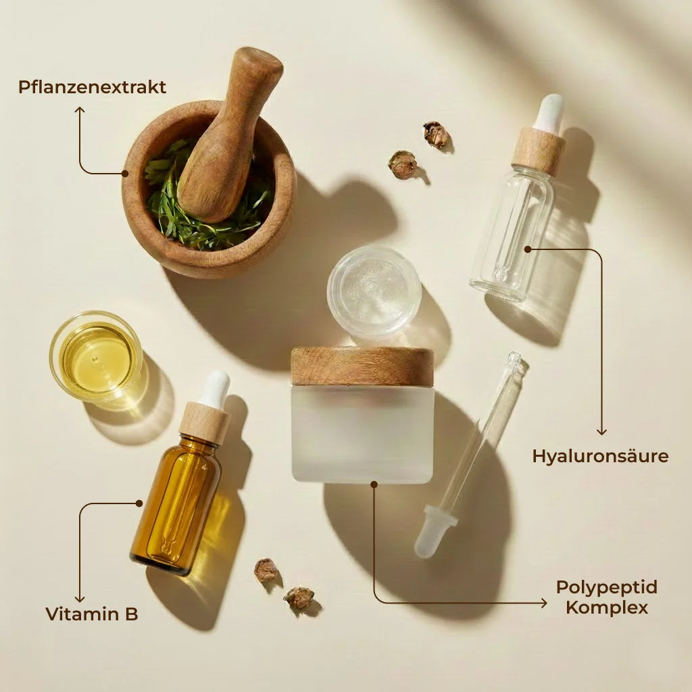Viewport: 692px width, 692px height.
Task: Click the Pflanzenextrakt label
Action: pyautogui.click(x=92, y=87)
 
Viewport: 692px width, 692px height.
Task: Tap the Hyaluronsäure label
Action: pyautogui.click(x=600, y=457)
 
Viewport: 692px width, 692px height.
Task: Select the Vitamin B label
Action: pyautogui.click(x=92, y=614)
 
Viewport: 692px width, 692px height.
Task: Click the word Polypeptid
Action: pyautogui.click(x=607, y=587)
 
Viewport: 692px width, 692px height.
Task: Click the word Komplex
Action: pyautogui.click(x=607, y=608)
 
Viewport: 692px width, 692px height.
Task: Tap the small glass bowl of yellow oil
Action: pyautogui.click(x=96, y=357)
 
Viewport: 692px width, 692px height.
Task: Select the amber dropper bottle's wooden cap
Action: pyautogui.click(x=204, y=423)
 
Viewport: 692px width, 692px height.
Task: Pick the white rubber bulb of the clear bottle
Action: pyautogui.click(x=548, y=113)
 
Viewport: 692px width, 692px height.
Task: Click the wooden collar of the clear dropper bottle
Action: pyautogui.click(x=539, y=150)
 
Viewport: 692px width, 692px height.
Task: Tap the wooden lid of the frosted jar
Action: pyautogui.click(x=362, y=366)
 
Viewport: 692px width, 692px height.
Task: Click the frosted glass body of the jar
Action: pyautogui.click(x=363, y=434)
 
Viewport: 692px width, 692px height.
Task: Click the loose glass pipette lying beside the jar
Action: pyautogui.click(x=470, y=455)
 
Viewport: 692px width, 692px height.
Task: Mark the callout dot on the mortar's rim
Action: pyautogui.click(x=125, y=174)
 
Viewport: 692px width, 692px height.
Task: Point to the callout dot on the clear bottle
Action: pyautogui.click(x=527, y=249)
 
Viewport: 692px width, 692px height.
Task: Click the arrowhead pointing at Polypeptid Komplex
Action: pyautogui.click(x=544, y=603)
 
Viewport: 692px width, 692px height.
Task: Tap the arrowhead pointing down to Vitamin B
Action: pyautogui.click(x=80, y=599)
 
